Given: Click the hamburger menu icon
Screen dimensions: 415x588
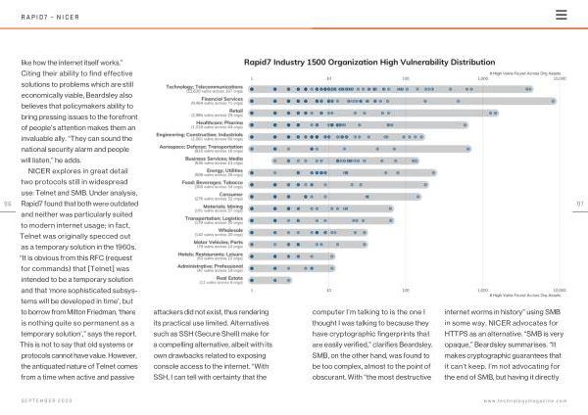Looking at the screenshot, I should click(x=562, y=15).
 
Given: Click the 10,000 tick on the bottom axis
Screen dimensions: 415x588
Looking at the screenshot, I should click(x=559, y=291).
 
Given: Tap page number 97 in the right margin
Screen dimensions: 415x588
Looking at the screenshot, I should click(x=580, y=204).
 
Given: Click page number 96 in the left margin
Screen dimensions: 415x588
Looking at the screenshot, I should click(x=8, y=204).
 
